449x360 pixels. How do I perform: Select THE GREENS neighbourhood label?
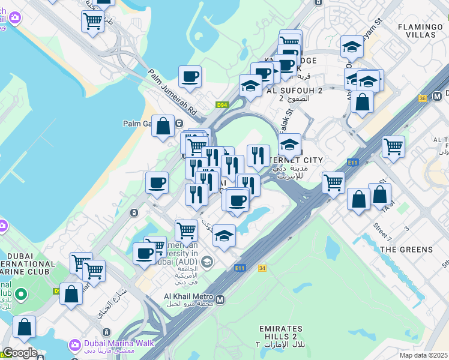406,249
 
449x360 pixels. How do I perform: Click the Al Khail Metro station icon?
220,299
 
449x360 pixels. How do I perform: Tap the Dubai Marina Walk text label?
119,344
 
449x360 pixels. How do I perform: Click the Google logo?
20,353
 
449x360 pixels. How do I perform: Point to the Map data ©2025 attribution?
423,355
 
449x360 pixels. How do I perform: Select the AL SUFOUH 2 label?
294,91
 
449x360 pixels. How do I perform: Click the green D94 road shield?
223,105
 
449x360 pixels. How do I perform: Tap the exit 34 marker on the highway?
262,268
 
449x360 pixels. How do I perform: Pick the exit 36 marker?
423,98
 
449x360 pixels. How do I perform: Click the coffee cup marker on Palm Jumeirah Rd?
190,77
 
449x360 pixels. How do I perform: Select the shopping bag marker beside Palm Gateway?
163,126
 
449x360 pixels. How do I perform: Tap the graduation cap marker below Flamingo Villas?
352,47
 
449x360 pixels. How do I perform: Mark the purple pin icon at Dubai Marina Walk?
75,344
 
